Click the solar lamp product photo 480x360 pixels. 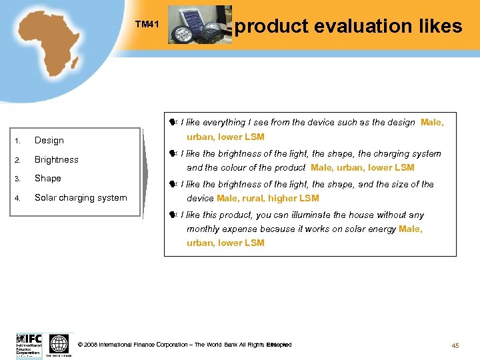coord(199,25)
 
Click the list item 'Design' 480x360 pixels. coord(49,141)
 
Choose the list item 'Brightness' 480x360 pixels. coord(57,160)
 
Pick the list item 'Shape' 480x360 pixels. coord(48,179)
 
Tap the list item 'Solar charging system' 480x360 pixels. coord(81,197)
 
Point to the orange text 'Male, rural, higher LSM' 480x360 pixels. coord(267,198)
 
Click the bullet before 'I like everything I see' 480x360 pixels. coord(172,123)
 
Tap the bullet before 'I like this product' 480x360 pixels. coord(172,215)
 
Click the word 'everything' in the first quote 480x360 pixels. coord(224,123)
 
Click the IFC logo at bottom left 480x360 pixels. coord(29,345)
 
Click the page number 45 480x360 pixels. coord(455,345)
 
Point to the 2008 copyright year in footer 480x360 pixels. coord(91,345)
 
